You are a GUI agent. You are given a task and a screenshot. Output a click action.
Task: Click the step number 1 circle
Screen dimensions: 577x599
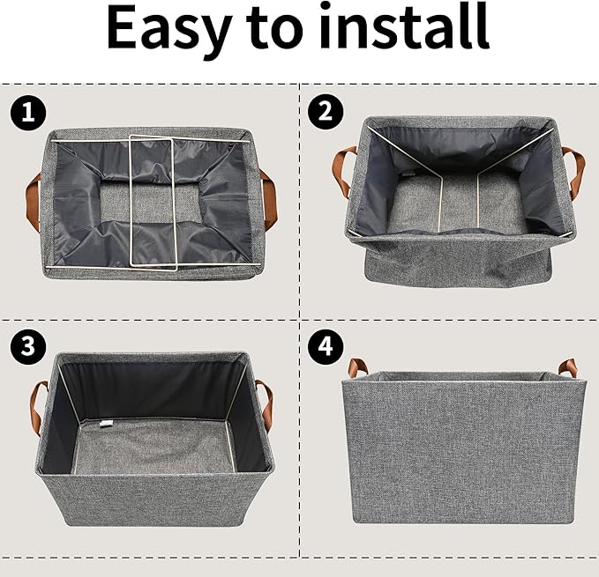tap(27, 113)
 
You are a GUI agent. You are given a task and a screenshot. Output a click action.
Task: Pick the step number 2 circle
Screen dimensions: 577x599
tap(326, 111)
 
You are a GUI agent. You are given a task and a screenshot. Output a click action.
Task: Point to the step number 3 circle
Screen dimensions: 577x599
tap(27, 346)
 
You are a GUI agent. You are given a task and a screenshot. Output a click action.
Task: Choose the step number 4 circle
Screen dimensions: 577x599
tap(326, 347)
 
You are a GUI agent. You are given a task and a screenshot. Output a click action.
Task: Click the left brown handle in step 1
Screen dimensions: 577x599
tap(34, 202)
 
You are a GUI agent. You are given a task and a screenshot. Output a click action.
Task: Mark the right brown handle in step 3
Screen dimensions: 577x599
tap(265, 404)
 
